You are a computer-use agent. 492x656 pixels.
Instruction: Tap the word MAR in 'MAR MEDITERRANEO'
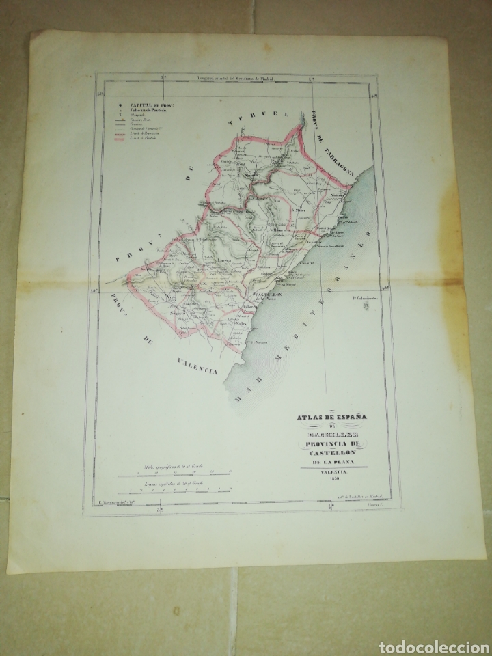(x=243, y=394)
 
